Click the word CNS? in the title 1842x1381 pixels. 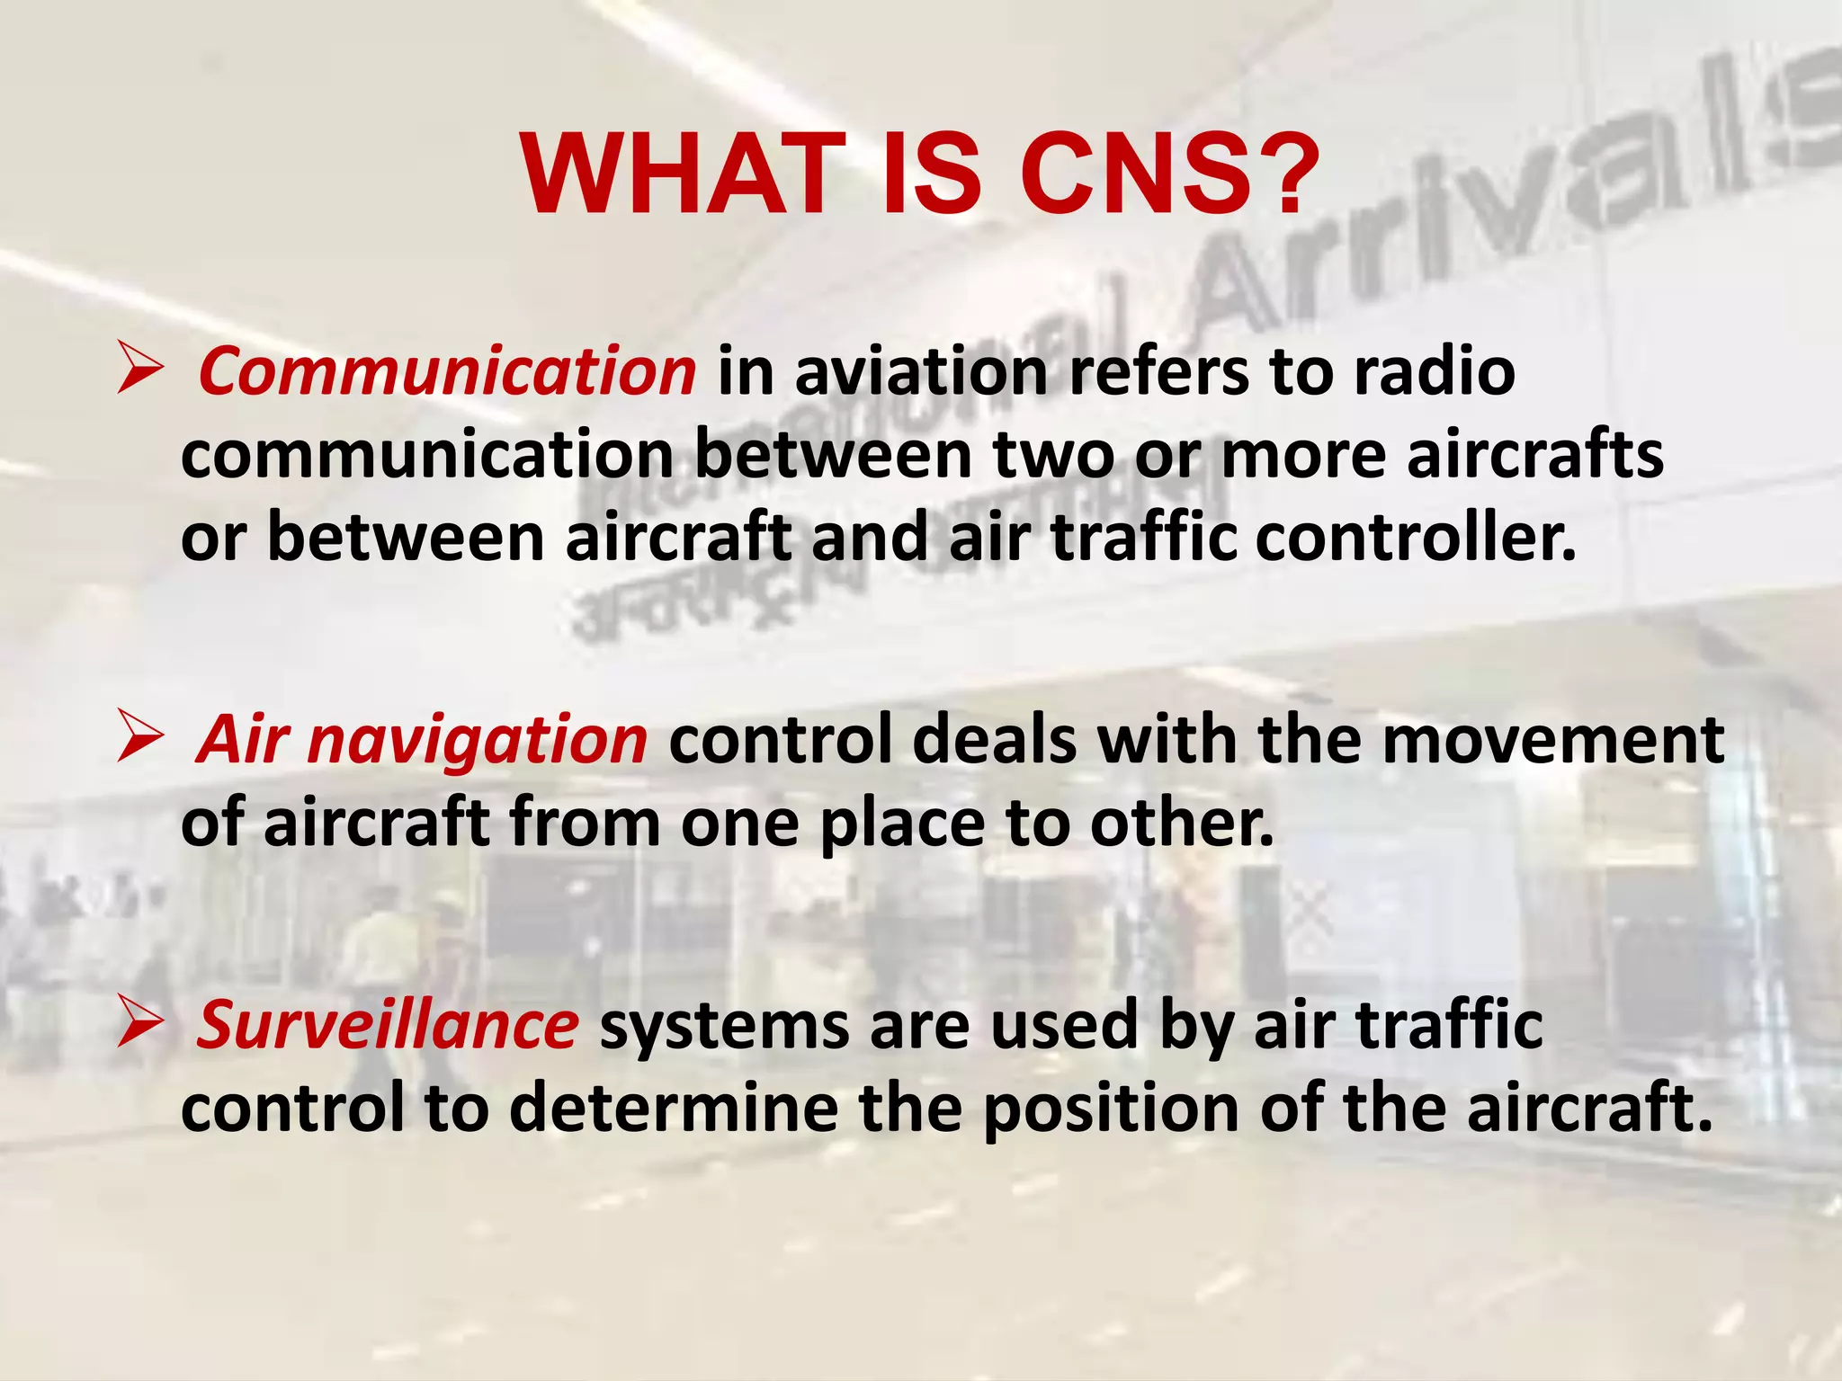click(1168, 175)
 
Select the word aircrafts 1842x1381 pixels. click(1534, 455)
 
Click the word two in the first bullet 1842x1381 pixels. click(1053, 455)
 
